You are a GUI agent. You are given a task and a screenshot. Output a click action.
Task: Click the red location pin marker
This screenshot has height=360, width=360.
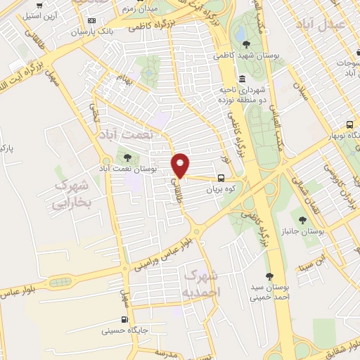point(181,165)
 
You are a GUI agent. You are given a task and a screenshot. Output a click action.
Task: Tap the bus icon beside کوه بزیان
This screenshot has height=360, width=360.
point(221,178)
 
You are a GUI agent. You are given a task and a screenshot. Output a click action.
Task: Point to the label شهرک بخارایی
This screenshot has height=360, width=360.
point(72,193)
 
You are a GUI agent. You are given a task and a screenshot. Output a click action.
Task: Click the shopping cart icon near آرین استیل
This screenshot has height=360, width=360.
point(46,5)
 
